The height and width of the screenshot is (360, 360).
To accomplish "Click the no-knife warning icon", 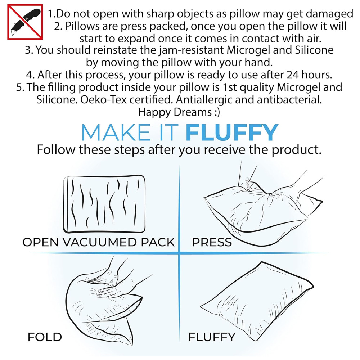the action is pos(25,22).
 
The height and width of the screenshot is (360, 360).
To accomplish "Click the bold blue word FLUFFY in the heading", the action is pos(232,132).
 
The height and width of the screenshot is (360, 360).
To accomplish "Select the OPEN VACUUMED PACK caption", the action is pos(99,242).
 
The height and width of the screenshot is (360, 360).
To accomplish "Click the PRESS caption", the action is pos(212,242).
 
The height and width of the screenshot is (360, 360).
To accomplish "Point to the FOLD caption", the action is pos(45,337).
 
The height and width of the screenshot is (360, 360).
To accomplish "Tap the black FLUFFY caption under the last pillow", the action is pos(212,337).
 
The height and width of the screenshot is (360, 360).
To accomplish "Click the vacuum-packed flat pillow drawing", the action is pos(104,204).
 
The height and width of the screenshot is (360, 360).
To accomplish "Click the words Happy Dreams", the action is pos(175,112).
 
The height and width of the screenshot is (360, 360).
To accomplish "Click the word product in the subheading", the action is pos(296,150).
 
